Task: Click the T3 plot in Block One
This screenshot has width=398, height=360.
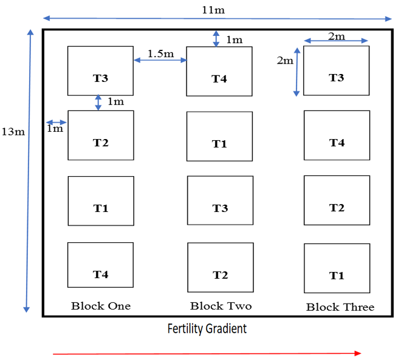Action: click(x=100, y=71)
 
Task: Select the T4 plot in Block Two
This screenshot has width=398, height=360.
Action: click(x=219, y=72)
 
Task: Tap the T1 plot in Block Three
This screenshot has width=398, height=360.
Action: click(x=337, y=268)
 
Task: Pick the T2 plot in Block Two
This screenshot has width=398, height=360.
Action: click(x=220, y=268)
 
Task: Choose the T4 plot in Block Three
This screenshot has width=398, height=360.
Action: click(x=337, y=135)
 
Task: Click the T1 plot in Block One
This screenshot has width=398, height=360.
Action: click(x=100, y=201)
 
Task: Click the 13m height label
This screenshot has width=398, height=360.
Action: click(x=13, y=132)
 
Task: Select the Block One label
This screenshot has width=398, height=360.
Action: click(x=101, y=305)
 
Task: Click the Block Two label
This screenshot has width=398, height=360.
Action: click(x=221, y=305)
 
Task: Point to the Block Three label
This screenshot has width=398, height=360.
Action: click(x=340, y=307)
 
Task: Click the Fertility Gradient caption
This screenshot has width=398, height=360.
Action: click(x=207, y=329)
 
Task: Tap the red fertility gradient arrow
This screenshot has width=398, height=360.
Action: click(x=207, y=353)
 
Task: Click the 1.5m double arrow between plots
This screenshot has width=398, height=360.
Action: click(x=160, y=60)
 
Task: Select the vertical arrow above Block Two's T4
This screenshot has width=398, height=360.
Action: click(x=216, y=38)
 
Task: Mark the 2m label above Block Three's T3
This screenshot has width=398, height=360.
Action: click(x=336, y=36)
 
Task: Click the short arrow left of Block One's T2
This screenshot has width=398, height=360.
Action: click(x=56, y=121)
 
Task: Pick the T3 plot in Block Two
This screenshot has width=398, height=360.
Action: click(x=220, y=201)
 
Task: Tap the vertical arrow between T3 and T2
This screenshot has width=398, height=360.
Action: click(x=98, y=102)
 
